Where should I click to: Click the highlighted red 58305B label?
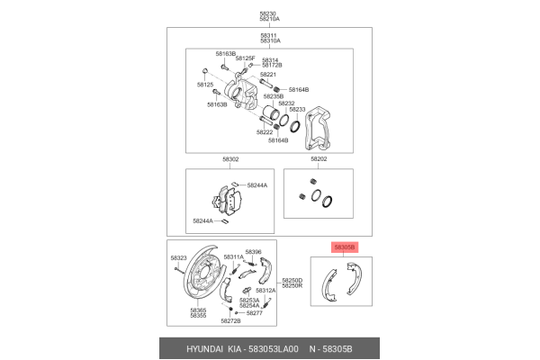coord(345,247)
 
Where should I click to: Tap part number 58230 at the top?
coord(269,13)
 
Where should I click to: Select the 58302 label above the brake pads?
coord(230,159)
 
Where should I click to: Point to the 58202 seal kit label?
coord(319,159)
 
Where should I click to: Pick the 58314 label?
coord(270,59)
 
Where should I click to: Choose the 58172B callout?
coord(272,66)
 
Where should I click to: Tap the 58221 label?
coord(268,75)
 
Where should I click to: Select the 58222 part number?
coord(264,131)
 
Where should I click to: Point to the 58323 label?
coord(178,258)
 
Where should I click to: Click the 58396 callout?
coord(253,252)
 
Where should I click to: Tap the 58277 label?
coord(254,312)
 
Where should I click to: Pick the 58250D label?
coord(292,280)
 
